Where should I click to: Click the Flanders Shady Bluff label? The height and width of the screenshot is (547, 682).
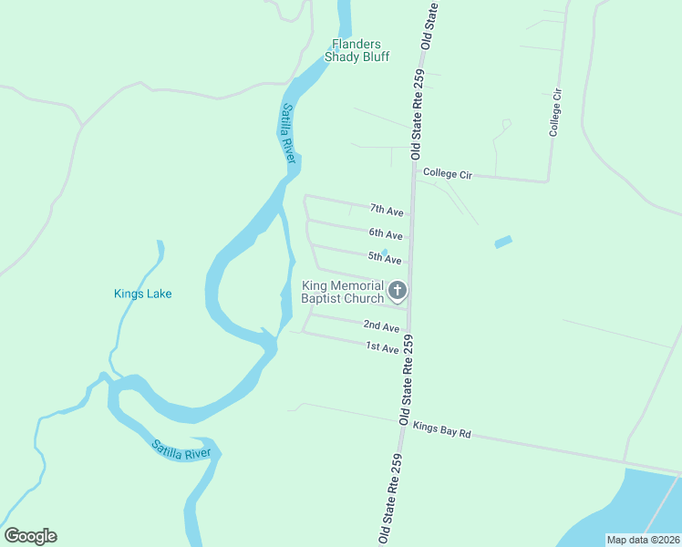(x=360, y=50)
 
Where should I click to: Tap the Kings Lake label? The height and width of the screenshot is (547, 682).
(x=142, y=294)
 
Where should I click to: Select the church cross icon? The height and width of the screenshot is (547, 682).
(x=398, y=292)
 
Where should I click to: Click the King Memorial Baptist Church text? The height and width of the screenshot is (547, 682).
(x=343, y=293)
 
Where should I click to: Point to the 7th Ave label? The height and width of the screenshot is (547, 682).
(x=387, y=212)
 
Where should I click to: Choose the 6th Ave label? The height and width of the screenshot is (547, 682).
(x=386, y=235)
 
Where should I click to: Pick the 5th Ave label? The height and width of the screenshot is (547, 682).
(x=385, y=260)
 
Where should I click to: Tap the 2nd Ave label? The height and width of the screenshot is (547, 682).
(x=381, y=326)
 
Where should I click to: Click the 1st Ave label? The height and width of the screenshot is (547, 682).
(x=382, y=347)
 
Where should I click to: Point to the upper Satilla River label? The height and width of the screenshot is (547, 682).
(x=289, y=133)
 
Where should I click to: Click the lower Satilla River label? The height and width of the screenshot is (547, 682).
(x=181, y=449)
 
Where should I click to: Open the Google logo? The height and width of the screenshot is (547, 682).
(x=30, y=536)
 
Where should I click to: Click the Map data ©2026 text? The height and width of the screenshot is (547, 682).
(x=644, y=540)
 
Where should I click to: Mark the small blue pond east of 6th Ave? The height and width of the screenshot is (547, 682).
(x=503, y=243)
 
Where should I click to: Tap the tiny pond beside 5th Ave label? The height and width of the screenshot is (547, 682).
(x=385, y=253)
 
